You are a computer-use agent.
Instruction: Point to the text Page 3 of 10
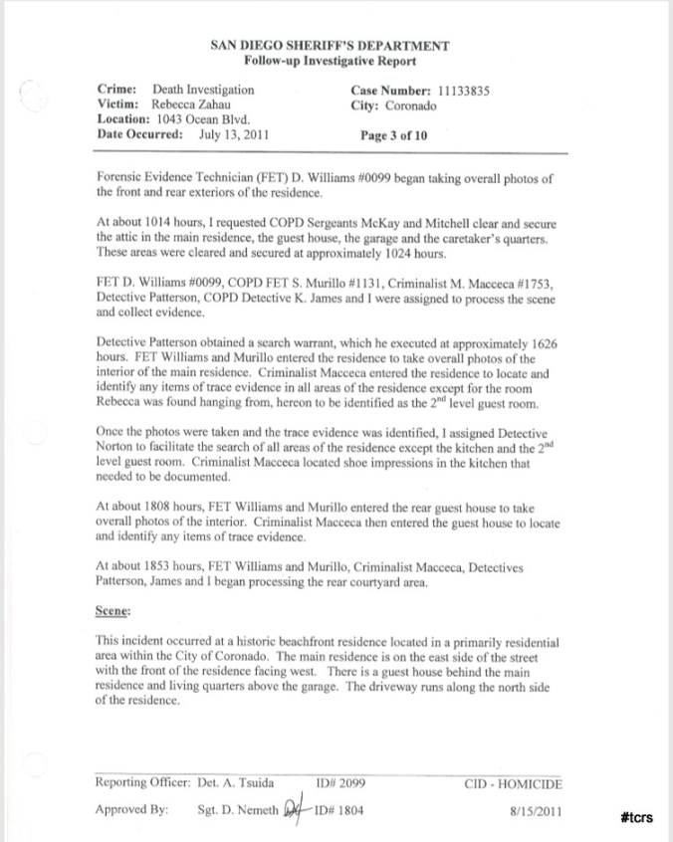pos(394,136)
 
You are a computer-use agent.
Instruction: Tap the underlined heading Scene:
pos(115,612)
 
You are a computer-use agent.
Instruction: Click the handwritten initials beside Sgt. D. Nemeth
pos(294,809)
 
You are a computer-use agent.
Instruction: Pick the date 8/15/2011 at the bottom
pos(535,811)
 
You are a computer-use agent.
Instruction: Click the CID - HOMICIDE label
pos(513,783)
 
